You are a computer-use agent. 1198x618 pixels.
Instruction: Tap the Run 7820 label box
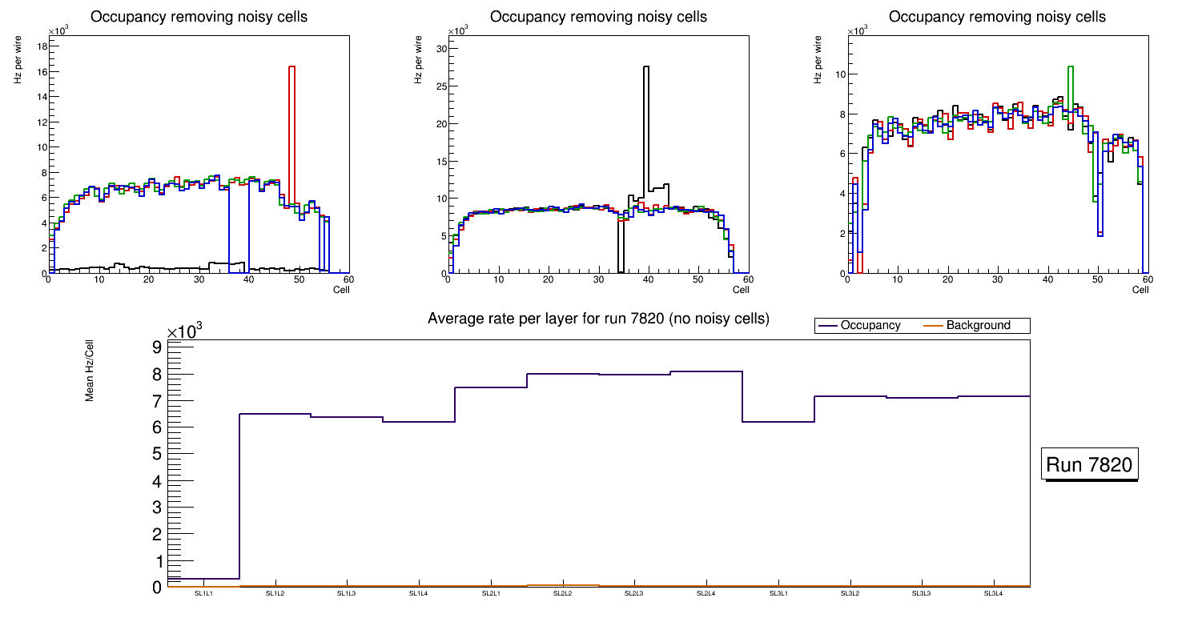[1091, 465]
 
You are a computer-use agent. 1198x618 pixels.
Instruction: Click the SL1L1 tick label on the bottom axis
[203, 594]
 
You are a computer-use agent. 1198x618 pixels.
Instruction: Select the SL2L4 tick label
[706, 594]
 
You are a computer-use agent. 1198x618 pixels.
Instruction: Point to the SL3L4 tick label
[993, 594]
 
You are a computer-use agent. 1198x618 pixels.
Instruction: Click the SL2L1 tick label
[490, 594]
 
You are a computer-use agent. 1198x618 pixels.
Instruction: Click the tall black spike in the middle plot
[646, 128]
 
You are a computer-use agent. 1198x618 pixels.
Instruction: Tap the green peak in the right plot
[1071, 80]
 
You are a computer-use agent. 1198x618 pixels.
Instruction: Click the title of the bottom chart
[598, 319]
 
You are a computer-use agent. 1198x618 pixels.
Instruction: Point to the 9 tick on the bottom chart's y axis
[157, 347]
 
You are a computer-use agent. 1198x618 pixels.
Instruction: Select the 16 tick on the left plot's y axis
[41, 72]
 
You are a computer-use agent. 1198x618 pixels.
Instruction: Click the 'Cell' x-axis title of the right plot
[1140, 290]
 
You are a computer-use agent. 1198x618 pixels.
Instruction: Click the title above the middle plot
[598, 17]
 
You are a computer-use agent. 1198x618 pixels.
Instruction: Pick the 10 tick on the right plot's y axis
[841, 74]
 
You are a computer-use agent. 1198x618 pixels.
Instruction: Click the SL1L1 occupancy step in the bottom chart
[203, 578]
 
